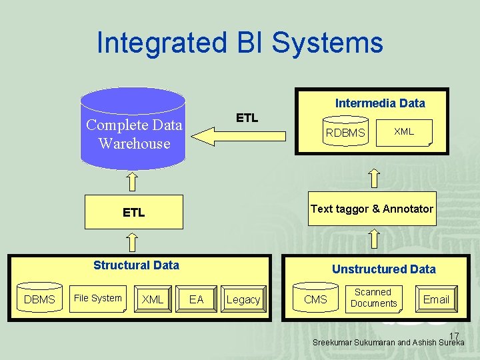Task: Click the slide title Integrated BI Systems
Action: [x=239, y=43]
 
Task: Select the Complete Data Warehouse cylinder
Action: [x=133, y=134]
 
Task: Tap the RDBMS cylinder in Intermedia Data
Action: [x=345, y=133]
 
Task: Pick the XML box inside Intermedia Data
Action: [x=404, y=132]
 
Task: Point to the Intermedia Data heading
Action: [x=379, y=103]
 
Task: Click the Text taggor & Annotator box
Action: [x=371, y=209]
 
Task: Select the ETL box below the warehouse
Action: [x=133, y=213]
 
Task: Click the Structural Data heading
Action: [x=136, y=265]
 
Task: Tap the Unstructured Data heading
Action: [x=383, y=269]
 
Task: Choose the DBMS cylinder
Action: [x=39, y=299]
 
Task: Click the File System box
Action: [x=98, y=299]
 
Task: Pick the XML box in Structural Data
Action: [x=153, y=299]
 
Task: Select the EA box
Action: [x=197, y=299]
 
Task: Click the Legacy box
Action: [x=243, y=299]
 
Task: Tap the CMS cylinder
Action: [x=315, y=299]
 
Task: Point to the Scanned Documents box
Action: [x=373, y=298]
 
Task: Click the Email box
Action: [x=436, y=299]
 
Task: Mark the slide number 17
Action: [x=454, y=335]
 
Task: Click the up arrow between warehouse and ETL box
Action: [x=133, y=181]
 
